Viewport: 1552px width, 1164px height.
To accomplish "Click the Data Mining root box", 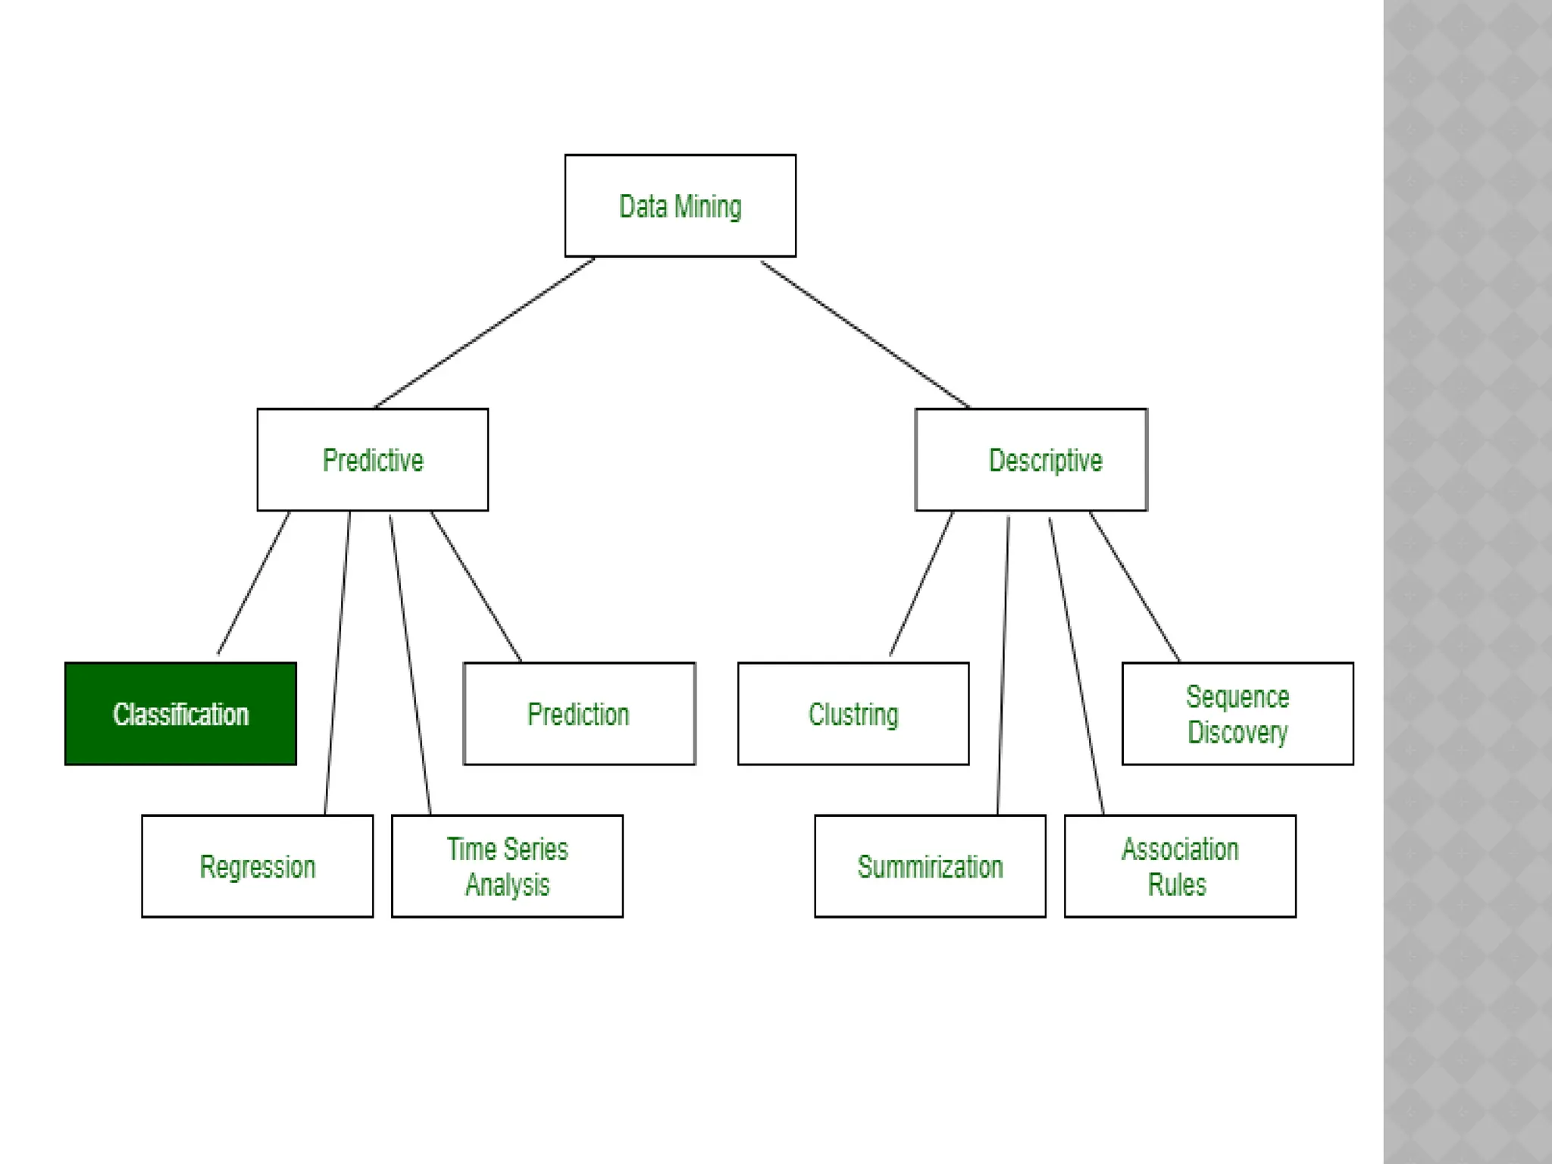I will click(680, 205).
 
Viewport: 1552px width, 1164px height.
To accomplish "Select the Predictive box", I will click(372, 459).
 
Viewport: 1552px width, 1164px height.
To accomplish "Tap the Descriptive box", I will click(1031, 459).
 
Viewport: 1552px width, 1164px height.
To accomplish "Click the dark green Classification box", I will click(180, 714).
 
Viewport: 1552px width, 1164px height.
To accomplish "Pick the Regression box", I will click(257, 866).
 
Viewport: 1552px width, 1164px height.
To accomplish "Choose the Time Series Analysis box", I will click(507, 866).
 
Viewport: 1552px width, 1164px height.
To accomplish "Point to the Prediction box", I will click(579, 714).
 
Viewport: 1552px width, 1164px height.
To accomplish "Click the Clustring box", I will click(853, 714).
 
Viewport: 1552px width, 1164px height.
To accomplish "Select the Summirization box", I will click(930, 866).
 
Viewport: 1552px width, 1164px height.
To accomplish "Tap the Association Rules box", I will click(1180, 866).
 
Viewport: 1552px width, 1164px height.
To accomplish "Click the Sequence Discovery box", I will click(1238, 714).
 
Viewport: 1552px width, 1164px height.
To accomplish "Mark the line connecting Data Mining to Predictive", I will click(485, 332).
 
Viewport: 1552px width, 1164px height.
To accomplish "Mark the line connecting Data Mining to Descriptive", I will click(865, 333).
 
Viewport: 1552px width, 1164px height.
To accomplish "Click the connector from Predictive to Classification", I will click(254, 582).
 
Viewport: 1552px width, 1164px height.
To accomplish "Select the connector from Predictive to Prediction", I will click(476, 586).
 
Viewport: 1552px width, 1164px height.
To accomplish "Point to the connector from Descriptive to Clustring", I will click(921, 583).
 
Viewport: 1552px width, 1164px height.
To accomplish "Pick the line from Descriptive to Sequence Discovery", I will click(1134, 586).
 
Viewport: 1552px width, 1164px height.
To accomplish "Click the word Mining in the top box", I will click(708, 207).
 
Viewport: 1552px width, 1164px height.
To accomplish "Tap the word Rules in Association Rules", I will click(1176, 885).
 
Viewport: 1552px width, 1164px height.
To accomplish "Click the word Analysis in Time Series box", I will click(507, 885).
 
